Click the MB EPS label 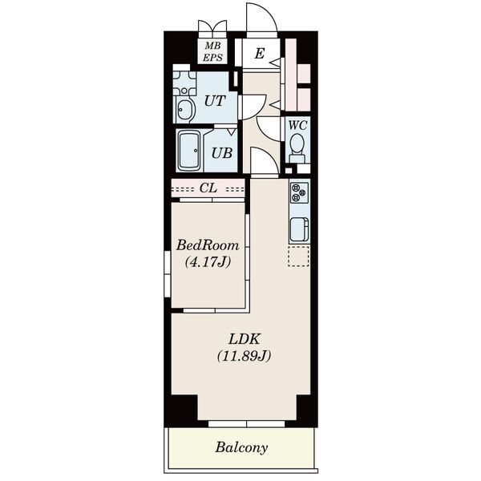[x=212, y=51]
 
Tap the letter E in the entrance [x=260, y=54]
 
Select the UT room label [x=215, y=101]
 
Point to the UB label [x=222, y=153]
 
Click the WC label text [x=297, y=125]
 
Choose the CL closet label [x=208, y=188]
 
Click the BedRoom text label [x=208, y=245]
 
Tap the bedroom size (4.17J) [x=208, y=262]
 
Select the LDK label [x=245, y=339]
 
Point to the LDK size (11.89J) [x=245, y=356]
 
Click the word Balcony [x=241, y=447]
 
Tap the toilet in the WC [x=297, y=148]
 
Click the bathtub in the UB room [x=189, y=151]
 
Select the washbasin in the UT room [x=185, y=110]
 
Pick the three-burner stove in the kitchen [x=299, y=192]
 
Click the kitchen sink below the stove [x=299, y=229]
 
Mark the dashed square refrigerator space [x=298, y=256]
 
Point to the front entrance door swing [x=261, y=18]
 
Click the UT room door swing [x=253, y=107]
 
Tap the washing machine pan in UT [x=184, y=83]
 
